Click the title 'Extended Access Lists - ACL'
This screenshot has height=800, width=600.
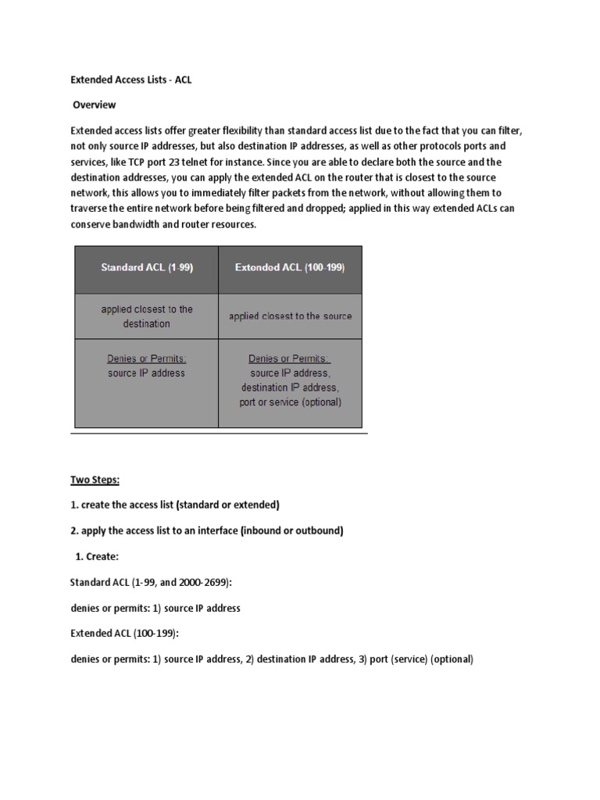[131, 80]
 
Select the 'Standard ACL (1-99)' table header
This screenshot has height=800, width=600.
[147, 267]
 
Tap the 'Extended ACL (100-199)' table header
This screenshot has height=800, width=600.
[290, 267]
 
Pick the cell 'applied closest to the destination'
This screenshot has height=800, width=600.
[147, 316]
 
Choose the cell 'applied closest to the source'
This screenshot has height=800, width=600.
[290, 316]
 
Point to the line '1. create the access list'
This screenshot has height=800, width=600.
[175, 505]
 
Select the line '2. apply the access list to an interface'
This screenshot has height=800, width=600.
[207, 530]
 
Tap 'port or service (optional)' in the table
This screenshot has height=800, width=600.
[290, 402]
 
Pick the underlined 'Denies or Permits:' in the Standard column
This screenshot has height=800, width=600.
[147, 359]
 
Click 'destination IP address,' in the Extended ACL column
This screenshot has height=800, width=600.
[290, 387]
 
